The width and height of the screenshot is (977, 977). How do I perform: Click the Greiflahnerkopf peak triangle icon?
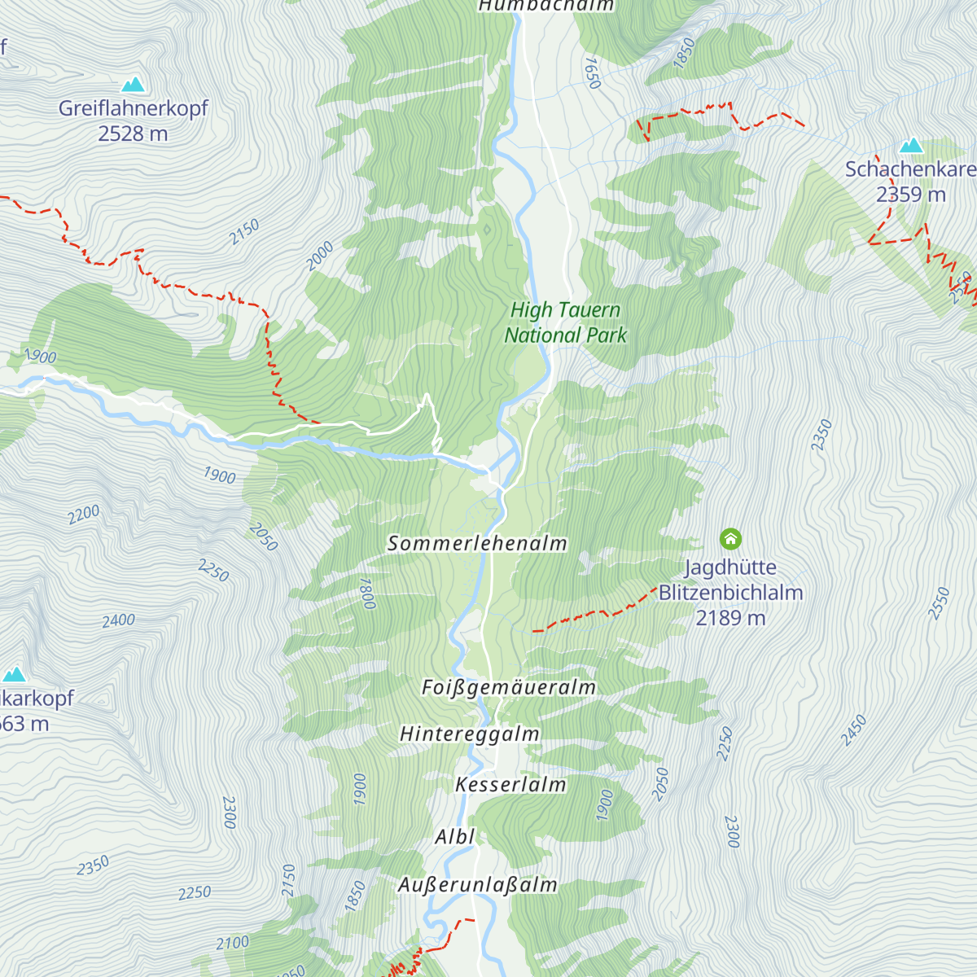pos(133,84)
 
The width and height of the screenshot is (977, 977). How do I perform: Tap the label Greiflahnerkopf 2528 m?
pos(133,120)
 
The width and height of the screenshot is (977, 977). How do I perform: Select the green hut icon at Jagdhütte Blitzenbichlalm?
pos(730,538)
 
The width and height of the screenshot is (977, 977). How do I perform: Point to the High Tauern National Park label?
pos(565,322)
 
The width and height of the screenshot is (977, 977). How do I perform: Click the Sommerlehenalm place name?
pos(477,543)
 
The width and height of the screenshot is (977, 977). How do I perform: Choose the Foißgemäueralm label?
pos(509,688)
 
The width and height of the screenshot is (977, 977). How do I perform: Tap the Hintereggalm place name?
pos(470,734)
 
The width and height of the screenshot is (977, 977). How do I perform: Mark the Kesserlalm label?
pos(510,785)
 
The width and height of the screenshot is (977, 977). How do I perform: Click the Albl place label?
pos(454,837)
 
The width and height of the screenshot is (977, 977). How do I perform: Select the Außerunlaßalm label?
pos(478,885)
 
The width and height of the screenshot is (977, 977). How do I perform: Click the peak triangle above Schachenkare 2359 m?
pos(911,147)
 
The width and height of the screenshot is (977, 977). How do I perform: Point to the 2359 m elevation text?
pos(911,195)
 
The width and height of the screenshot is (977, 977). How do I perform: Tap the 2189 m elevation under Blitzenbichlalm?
pos(730,618)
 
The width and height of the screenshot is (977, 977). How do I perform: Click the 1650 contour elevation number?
pos(592,72)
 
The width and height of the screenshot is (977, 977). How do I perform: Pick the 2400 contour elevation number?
pos(118,620)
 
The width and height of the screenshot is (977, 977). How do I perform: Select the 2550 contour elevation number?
pos(940,603)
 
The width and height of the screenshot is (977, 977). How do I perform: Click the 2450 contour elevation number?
pos(853,730)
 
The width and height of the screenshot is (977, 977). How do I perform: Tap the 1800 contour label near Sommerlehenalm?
pos(367,594)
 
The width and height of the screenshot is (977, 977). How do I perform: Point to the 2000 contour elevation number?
pos(320,256)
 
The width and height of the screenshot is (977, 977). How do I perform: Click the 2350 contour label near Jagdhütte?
pos(821,435)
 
